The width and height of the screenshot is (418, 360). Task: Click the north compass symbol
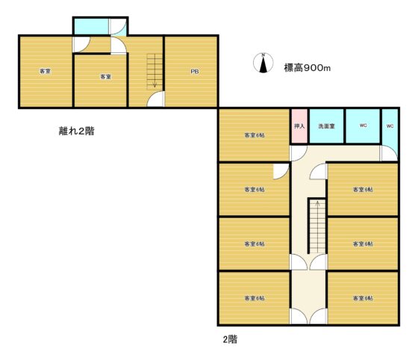point(263,63)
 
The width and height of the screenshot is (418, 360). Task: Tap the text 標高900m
point(308,68)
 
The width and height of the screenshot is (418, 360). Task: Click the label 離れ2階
point(76,131)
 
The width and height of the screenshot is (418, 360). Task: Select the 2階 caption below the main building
point(230,340)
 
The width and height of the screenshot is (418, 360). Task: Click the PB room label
point(195,72)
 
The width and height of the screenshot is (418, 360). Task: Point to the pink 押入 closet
point(299,126)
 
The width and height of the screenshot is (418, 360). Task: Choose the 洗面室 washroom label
point(327,126)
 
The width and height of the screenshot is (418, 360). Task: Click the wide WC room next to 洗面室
point(363,126)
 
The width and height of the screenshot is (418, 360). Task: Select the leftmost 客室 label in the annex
point(45,71)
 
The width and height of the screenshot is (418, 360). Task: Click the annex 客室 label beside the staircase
point(105,77)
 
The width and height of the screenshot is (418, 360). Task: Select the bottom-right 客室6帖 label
point(363,298)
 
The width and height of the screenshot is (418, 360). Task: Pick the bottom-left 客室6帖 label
point(255,298)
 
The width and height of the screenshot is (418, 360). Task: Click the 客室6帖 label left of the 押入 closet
point(255,135)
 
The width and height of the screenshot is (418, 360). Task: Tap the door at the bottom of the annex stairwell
point(155,99)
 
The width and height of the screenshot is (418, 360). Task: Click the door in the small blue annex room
point(118,27)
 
